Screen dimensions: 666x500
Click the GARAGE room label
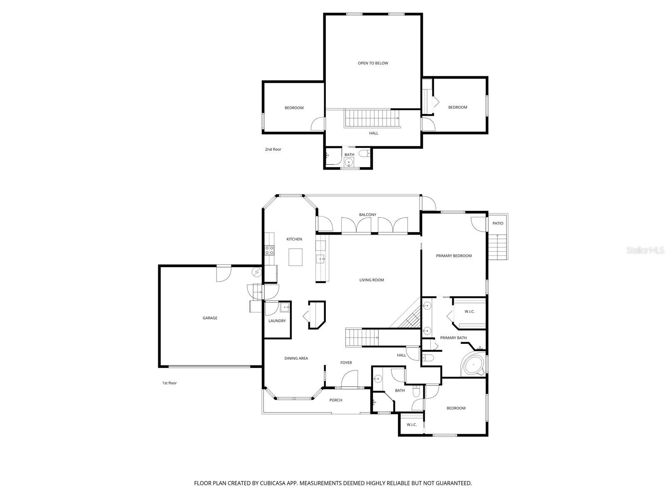pyautogui.click(x=210, y=318)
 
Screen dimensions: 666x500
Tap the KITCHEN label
pyautogui.click(x=294, y=239)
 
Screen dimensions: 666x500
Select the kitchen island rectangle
pyautogui.click(x=295, y=257)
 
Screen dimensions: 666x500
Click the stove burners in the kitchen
pyautogui.click(x=269, y=250)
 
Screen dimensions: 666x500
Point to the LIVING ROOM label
pyautogui.click(x=371, y=280)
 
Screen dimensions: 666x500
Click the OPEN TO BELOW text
pyautogui.click(x=373, y=63)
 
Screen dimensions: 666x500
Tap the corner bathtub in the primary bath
pyautogui.click(x=473, y=365)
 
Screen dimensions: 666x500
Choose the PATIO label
pyautogui.click(x=497, y=223)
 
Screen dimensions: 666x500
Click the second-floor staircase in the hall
pyautogui.click(x=371, y=119)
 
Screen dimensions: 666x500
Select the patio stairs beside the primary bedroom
pyautogui.click(x=497, y=247)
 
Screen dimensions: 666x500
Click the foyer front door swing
pyautogui.click(x=350, y=380)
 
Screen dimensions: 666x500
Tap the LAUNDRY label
pyautogui.click(x=277, y=320)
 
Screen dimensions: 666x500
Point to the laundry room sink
pyautogui.click(x=285, y=307)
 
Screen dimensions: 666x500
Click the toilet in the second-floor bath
pyautogui.click(x=364, y=153)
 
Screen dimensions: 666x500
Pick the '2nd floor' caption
pyautogui.click(x=273, y=149)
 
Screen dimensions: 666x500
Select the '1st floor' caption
pyautogui.click(x=169, y=383)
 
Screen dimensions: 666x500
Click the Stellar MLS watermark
pyautogui.click(x=645, y=250)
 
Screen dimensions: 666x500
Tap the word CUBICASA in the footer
pyautogui.click(x=273, y=483)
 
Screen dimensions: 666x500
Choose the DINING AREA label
pyautogui.click(x=296, y=358)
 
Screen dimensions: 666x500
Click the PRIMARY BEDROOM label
pyautogui.click(x=454, y=256)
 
